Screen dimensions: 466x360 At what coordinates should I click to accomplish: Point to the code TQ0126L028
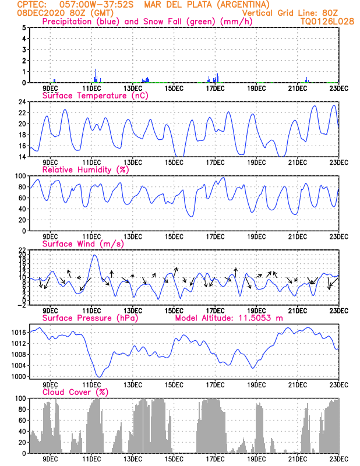pyautogui.click(x=320, y=22)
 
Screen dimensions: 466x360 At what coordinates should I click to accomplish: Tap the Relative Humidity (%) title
pyautogui.click(x=84, y=170)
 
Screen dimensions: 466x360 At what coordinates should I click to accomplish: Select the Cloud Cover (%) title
pyautogui.click(x=75, y=393)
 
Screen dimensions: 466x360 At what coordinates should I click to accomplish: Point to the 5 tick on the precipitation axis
pyautogui.click(x=24, y=28)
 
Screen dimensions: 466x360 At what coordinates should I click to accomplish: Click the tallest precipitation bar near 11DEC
pyautogui.click(x=96, y=76)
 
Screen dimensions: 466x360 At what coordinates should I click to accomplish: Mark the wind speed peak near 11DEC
pyautogui.click(x=94, y=256)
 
